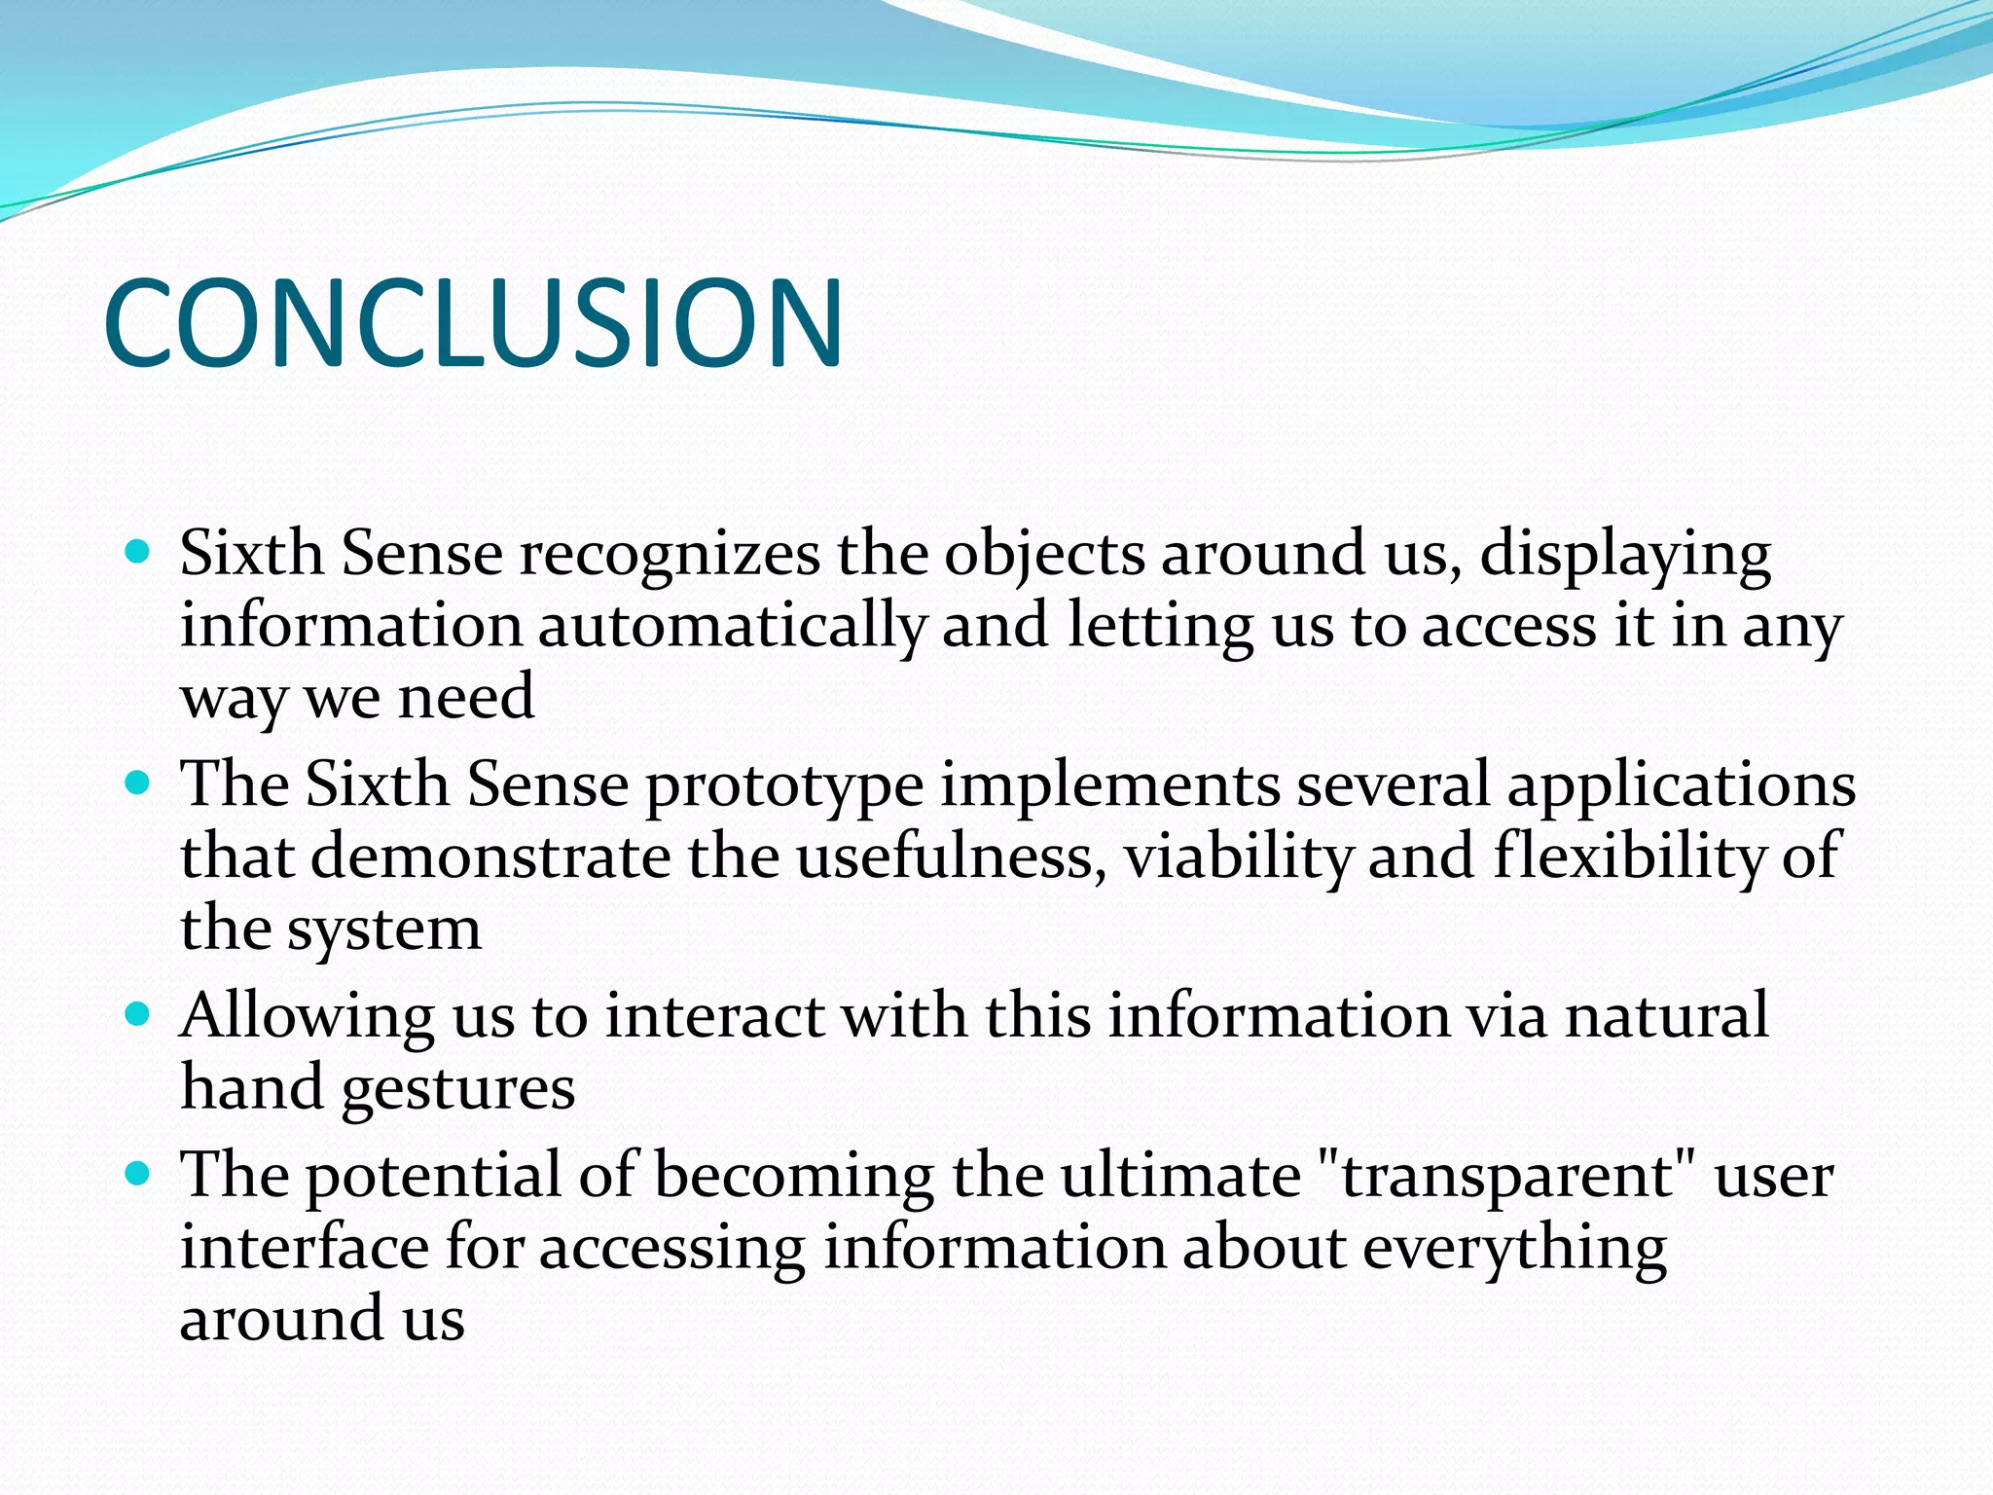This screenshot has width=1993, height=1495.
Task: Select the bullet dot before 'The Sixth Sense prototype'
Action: [x=138, y=783]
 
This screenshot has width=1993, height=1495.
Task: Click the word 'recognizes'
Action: [x=670, y=555]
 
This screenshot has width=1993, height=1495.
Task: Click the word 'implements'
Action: [x=1109, y=786]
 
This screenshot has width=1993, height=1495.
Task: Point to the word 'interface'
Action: [x=304, y=1248]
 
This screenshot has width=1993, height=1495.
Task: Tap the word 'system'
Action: [x=383, y=930]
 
